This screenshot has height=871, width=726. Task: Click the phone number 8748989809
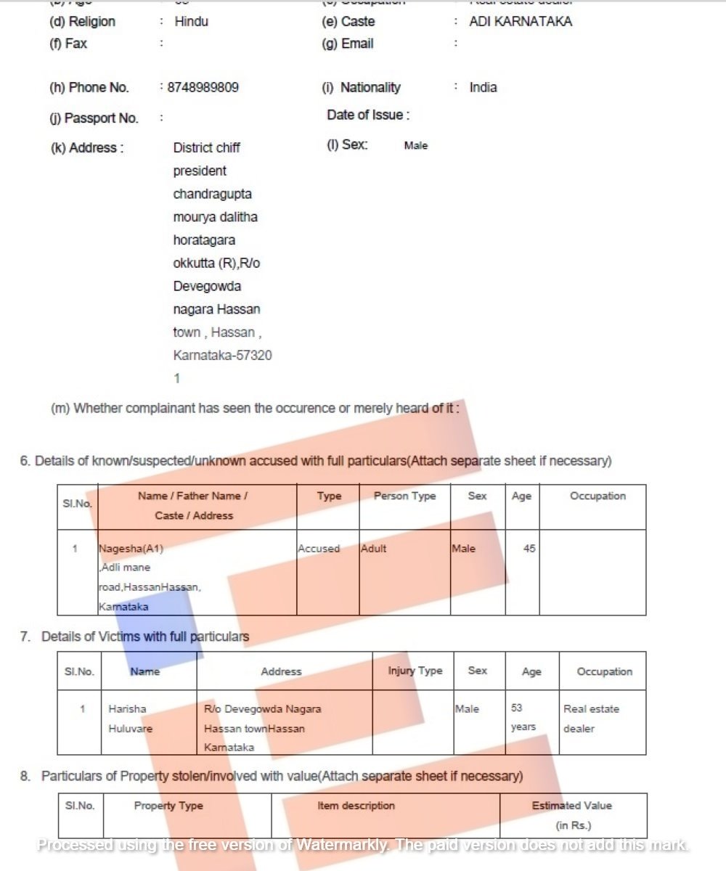[203, 88]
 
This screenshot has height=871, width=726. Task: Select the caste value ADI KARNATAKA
[521, 22]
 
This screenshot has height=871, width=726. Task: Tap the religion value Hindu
[191, 22]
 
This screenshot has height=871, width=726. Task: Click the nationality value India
[483, 88]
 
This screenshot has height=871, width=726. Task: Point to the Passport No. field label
[94, 118]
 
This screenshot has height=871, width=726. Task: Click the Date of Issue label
[368, 115]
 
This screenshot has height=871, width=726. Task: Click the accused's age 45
[529, 549]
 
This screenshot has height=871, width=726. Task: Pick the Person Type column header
[404, 496]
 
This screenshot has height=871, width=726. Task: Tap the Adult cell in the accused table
[374, 549]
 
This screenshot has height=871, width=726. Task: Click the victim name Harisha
[127, 709]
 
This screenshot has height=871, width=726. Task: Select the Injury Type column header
[415, 671]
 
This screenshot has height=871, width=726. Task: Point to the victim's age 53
[516, 708]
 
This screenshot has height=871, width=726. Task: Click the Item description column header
[356, 806]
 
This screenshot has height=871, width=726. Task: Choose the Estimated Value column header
[572, 806]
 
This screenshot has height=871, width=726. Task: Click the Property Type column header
[168, 806]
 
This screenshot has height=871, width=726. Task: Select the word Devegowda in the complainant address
[207, 287]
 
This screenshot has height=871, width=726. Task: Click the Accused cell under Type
[319, 549]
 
